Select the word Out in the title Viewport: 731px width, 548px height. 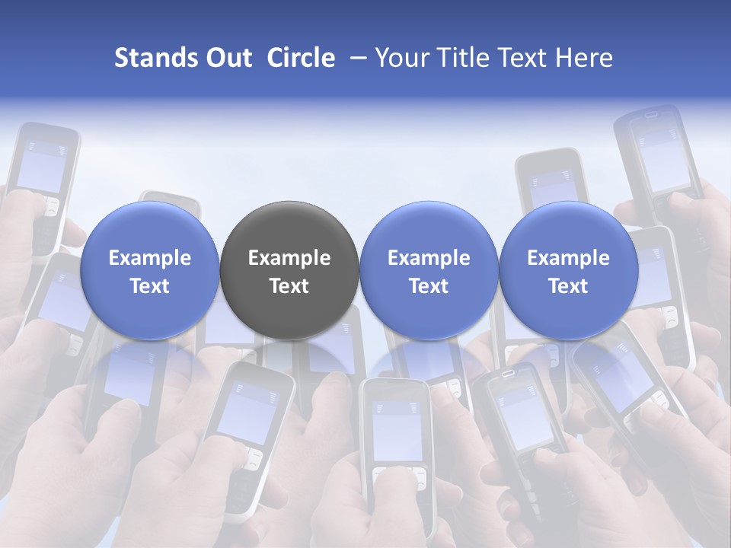click(228, 58)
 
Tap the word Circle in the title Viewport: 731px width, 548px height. click(301, 58)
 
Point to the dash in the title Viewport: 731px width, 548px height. click(355, 58)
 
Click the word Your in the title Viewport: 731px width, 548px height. click(399, 58)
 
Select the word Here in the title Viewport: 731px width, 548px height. click(586, 58)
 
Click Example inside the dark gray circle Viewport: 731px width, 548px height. click(289, 258)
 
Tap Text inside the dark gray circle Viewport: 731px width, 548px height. click(289, 286)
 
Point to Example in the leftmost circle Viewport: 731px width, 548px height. click(150, 258)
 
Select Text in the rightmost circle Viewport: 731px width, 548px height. click(568, 286)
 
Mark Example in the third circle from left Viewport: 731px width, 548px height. click(429, 258)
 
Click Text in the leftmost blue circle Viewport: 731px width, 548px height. click(150, 286)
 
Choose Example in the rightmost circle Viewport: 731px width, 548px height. click(568, 258)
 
